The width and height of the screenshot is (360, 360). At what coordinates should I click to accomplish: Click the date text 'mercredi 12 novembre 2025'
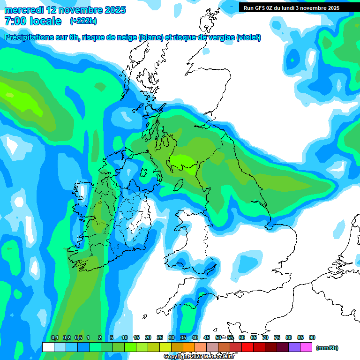point(65,10)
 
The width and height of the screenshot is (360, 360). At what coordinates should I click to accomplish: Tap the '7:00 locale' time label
point(33,21)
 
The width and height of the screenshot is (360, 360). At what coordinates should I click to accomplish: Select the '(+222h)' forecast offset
point(84,21)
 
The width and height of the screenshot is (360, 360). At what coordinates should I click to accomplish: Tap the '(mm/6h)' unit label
point(327,348)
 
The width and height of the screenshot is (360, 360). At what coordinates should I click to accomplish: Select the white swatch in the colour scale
point(48,347)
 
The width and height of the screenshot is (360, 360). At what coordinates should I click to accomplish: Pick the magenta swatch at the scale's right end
point(306,347)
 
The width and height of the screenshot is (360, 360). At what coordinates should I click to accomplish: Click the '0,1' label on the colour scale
point(54,338)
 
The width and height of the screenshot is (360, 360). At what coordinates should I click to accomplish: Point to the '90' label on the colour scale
point(312,338)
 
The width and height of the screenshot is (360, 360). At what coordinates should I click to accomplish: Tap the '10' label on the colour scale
point(124,338)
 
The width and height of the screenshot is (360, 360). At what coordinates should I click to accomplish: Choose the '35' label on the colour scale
point(183,338)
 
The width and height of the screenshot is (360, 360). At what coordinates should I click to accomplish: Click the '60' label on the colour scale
point(241,338)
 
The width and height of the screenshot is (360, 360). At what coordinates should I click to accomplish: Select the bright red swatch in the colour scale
point(247,347)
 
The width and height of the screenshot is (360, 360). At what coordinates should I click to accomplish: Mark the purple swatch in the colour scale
point(294,347)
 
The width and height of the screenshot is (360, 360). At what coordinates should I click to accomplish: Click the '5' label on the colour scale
point(112,338)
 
